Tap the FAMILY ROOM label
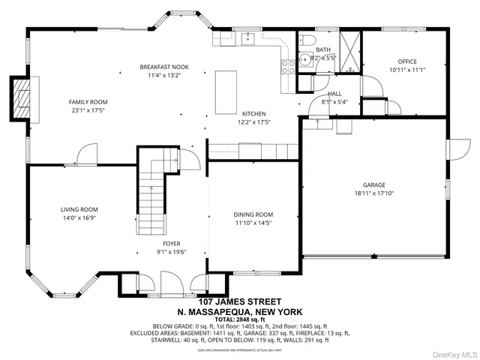click(88, 102)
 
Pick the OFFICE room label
click(407, 61)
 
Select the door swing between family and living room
click(85, 154)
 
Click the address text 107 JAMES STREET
click(239, 301)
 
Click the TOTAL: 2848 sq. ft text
click(239, 319)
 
